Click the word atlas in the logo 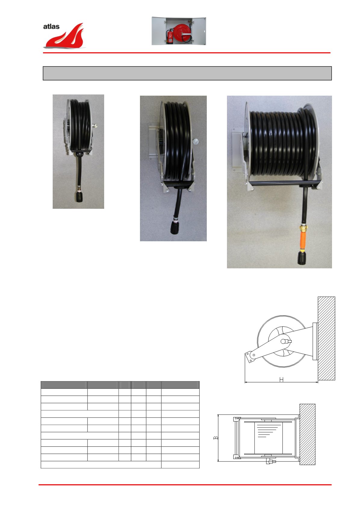(51, 26)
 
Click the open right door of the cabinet (199, 31)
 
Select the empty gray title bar (187, 73)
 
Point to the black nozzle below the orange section (302, 258)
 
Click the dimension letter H (281, 379)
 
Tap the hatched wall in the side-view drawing (326, 338)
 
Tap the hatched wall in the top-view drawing (307, 434)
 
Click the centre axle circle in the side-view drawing (283, 341)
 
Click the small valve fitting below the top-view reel (271, 461)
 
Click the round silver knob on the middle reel (195, 141)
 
